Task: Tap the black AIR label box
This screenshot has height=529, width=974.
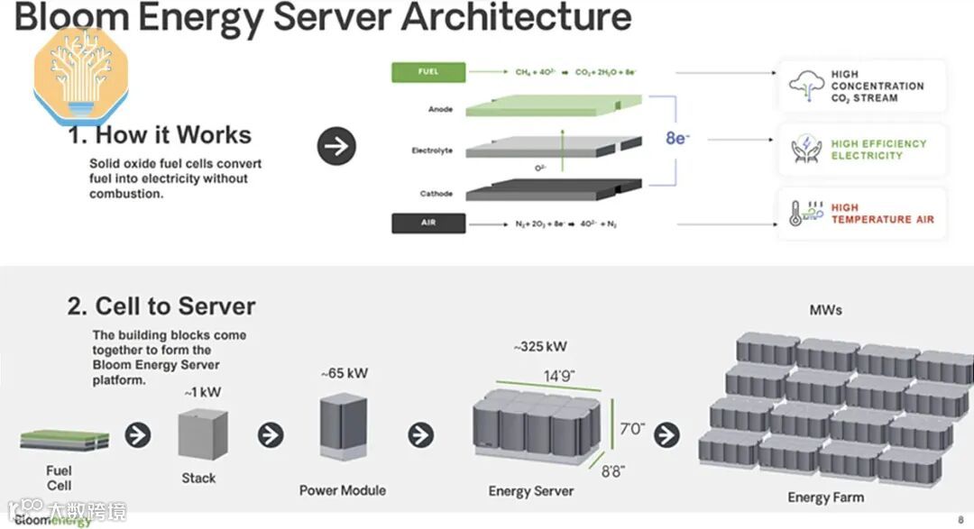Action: pos(427,223)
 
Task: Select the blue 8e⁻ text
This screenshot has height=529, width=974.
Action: pos(678,138)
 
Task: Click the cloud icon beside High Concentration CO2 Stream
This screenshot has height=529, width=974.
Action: pos(806,86)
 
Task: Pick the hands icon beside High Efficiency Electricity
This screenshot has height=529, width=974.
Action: pos(806,150)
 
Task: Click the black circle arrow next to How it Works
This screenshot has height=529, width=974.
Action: pos(336,146)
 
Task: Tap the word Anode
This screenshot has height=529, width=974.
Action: pos(441,110)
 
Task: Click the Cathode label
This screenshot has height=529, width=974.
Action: pos(437,194)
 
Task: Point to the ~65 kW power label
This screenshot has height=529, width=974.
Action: pos(344,373)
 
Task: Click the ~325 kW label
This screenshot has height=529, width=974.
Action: pos(540,347)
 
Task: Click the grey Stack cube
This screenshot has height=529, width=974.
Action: pos(198,433)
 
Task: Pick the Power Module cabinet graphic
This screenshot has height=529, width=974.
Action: pos(343,428)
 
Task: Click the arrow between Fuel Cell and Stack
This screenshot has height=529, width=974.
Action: pos(137,435)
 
